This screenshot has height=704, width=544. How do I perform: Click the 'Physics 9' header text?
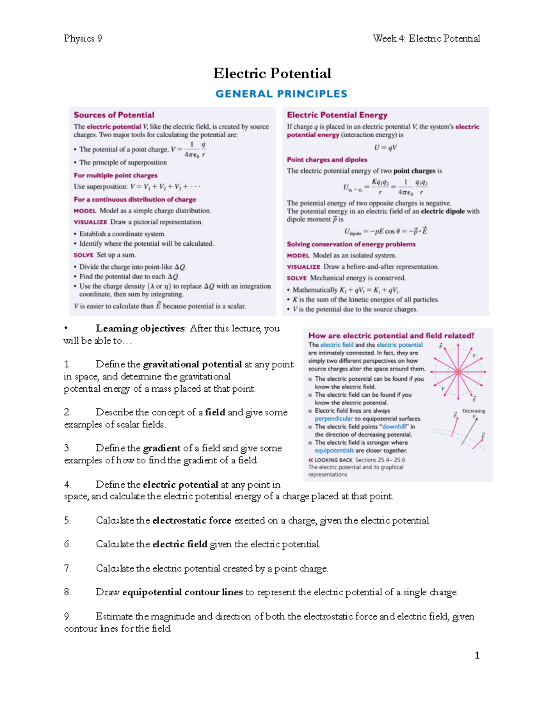(83, 39)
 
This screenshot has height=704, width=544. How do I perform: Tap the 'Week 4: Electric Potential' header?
(426, 39)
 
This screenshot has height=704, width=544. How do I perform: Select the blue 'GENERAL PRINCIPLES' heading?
(281, 94)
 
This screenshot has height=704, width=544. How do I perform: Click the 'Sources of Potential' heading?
(114, 115)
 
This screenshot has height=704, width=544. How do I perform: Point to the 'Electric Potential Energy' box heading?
(337, 115)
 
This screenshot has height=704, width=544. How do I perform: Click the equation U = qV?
(385, 147)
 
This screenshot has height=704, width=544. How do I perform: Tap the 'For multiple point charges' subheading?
(116, 175)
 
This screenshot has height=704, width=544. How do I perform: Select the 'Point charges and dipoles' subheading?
(327, 160)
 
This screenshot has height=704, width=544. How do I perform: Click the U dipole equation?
(385, 231)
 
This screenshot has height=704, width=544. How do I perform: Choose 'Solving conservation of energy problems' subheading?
(351, 244)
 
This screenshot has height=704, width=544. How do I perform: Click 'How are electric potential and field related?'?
(391, 335)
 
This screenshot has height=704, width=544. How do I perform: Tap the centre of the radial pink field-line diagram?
(458, 372)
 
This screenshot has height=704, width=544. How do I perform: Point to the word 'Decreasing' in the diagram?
(474, 411)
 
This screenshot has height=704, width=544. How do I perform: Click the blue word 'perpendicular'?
(334, 419)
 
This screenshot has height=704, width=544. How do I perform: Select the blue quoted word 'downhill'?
(394, 427)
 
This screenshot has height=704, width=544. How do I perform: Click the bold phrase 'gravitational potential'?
(192, 364)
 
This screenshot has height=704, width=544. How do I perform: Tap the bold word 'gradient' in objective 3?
(162, 448)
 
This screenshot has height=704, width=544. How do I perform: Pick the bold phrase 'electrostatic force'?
(192, 520)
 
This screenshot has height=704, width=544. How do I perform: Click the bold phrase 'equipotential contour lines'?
(182, 592)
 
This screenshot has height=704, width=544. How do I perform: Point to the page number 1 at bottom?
(477, 655)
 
